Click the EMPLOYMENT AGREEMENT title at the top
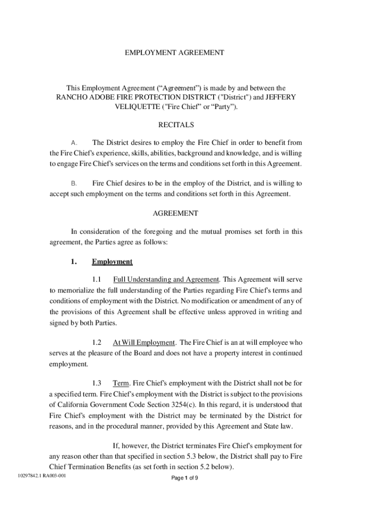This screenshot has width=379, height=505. (175, 52)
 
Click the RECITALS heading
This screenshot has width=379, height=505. (175, 125)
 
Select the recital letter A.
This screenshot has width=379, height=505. (74, 143)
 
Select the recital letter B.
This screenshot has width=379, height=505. (74, 183)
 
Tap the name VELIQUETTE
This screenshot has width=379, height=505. (136, 108)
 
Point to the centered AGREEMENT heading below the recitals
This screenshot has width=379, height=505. (175, 214)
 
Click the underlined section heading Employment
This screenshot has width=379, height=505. (112, 262)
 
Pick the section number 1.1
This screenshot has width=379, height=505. (96, 280)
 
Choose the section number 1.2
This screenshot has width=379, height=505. (96, 342)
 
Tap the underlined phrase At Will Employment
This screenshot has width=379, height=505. (144, 342)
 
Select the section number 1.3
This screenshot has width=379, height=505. (96, 383)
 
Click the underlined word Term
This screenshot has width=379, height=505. (120, 383)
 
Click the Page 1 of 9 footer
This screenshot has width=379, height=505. (185, 478)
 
